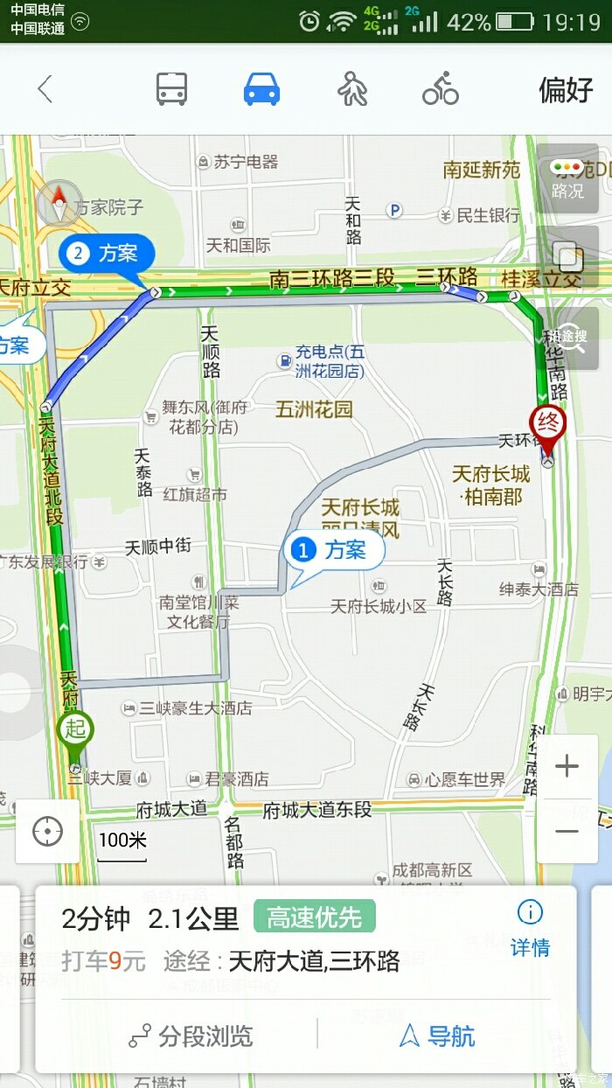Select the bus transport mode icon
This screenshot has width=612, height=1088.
click(171, 89)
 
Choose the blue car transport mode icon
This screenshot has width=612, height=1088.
click(261, 89)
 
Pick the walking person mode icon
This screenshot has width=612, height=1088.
click(352, 89)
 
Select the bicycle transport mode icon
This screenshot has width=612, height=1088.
click(441, 89)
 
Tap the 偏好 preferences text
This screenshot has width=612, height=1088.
click(565, 89)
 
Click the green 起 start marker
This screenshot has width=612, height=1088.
click(75, 731)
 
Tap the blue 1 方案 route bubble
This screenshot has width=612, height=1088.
click(334, 551)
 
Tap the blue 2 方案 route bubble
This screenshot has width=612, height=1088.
click(107, 254)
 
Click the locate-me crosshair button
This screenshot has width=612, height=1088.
click(47, 831)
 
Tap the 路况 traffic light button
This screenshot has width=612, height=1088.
click(567, 178)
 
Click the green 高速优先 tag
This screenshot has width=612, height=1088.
click(314, 917)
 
